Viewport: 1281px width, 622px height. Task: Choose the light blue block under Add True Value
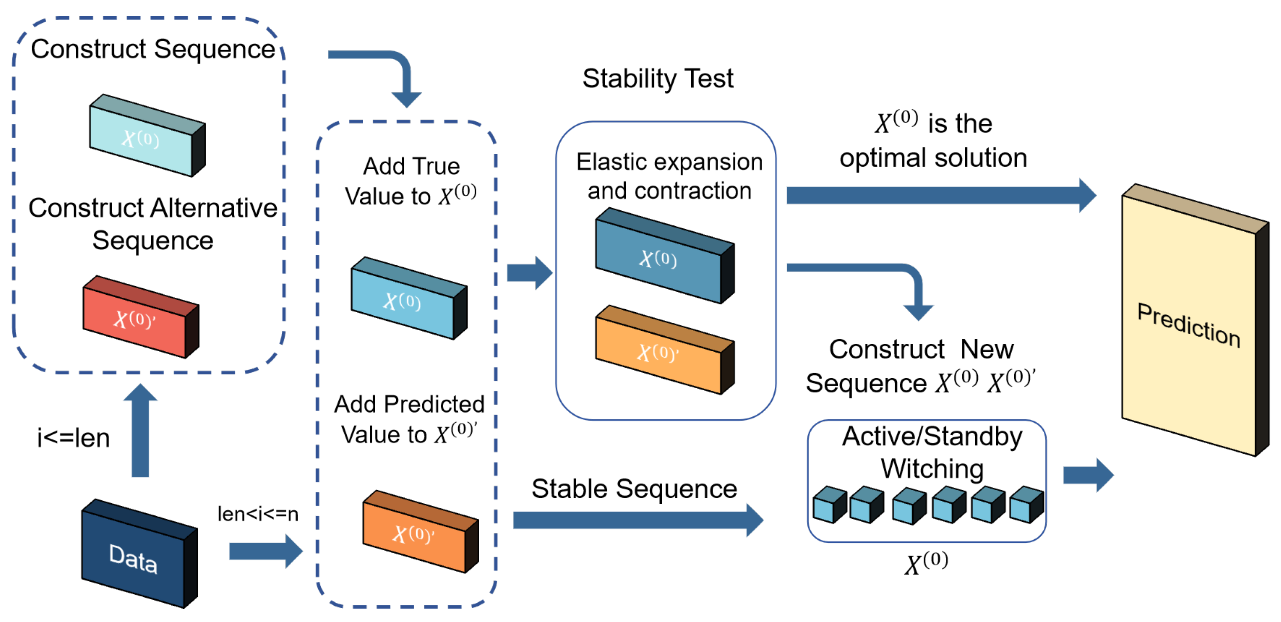click(408, 298)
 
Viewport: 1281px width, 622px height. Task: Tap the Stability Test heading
click(657, 78)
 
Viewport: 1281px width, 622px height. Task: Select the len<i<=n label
click(257, 514)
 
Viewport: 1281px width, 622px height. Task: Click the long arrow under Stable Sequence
click(636, 520)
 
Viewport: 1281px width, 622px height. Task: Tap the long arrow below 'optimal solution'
click(940, 195)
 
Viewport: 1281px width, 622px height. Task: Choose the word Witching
click(932, 468)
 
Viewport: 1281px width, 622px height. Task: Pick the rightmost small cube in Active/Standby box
click(1027, 505)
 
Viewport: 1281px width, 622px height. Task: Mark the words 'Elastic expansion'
click(669, 161)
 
